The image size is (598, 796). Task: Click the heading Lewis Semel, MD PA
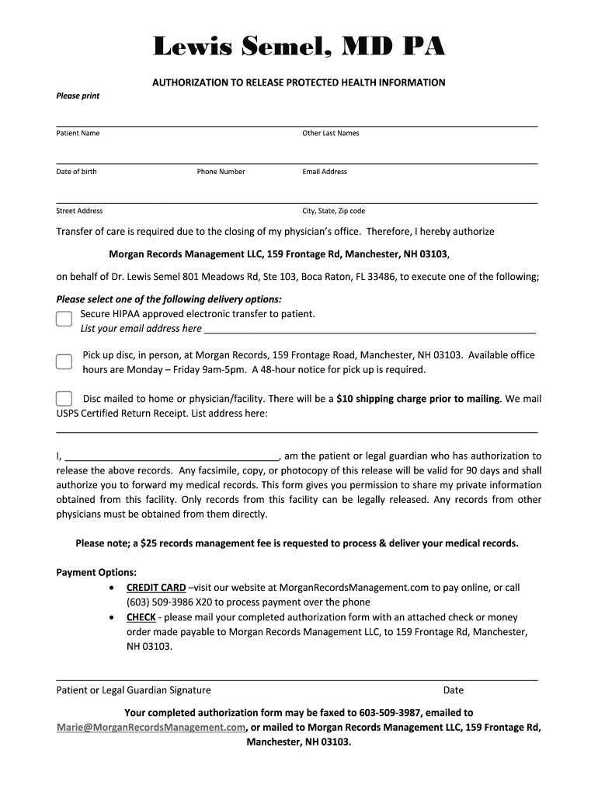tap(299, 47)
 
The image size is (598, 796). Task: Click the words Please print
tap(78, 96)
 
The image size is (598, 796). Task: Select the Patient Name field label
tap(78, 133)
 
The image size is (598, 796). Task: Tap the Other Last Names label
tap(330, 133)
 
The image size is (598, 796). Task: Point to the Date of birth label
tap(76, 172)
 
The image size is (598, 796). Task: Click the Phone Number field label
tap(221, 172)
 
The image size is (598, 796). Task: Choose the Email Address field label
tap(325, 172)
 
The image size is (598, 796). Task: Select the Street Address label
tap(79, 211)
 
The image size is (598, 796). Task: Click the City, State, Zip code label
tap(333, 211)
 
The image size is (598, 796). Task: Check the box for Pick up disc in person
tap(64, 361)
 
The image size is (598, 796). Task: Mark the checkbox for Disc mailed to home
tap(64, 399)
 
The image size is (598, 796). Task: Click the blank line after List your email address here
tap(370, 330)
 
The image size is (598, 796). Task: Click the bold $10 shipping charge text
tap(418, 399)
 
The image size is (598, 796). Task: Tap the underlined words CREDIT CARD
tap(156, 588)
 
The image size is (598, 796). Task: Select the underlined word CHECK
tap(141, 617)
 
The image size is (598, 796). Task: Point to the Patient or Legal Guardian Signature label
tap(134, 690)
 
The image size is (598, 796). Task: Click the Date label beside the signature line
tap(454, 690)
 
